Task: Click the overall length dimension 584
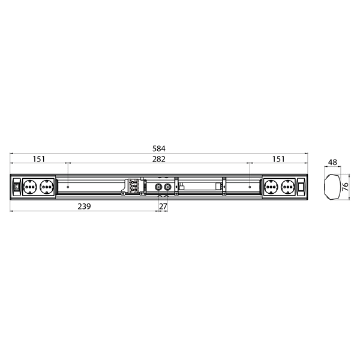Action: pos(158,148)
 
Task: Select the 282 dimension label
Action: pos(158,159)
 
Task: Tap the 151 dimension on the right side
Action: pos(278,159)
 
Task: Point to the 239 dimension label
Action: pos(83,206)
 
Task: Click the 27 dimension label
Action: pos(163,206)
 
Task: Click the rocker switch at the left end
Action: pos(17,187)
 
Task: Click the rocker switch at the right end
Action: pos(300,187)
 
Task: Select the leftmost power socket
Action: pos(30,187)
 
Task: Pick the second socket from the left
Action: pos(46,187)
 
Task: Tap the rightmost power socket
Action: pos(286,187)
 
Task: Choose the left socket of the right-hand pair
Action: pos(271,187)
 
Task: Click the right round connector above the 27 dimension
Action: pos(167,187)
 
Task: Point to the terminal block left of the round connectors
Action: pos(133,187)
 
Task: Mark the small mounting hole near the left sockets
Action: pos(69,187)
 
